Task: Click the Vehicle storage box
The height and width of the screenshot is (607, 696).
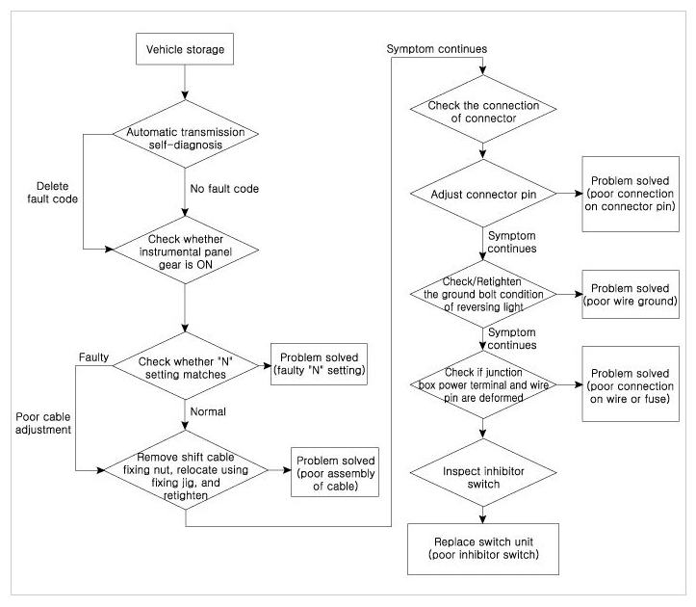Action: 185,49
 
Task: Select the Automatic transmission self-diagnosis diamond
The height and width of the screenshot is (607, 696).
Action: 186,134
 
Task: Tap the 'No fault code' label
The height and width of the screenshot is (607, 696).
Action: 224,189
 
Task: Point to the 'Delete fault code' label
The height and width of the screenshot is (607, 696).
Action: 52,193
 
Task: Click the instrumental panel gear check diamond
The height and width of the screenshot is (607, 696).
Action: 186,251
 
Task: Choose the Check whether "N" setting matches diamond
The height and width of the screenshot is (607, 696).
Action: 186,366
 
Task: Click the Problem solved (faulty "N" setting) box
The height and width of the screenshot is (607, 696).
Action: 320,364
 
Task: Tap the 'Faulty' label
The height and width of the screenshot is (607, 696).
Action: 93,357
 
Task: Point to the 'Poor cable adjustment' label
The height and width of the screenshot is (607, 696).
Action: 43,423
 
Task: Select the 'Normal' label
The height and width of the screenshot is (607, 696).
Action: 208,411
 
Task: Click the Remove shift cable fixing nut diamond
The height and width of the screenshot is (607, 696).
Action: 186,469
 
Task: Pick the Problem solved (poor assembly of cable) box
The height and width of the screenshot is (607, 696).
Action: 335,472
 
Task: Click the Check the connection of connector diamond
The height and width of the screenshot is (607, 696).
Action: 483,109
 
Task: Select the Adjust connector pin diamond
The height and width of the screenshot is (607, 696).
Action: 483,194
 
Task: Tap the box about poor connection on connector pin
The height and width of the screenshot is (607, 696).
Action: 631,194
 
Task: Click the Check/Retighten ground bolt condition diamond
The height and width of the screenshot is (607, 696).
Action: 483,294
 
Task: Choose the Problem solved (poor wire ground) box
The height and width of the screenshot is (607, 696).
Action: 631,294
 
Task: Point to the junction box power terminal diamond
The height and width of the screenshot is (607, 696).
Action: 483,384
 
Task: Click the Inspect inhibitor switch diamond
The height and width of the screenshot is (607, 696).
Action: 483,473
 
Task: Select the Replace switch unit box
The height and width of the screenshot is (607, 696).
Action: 483,549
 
